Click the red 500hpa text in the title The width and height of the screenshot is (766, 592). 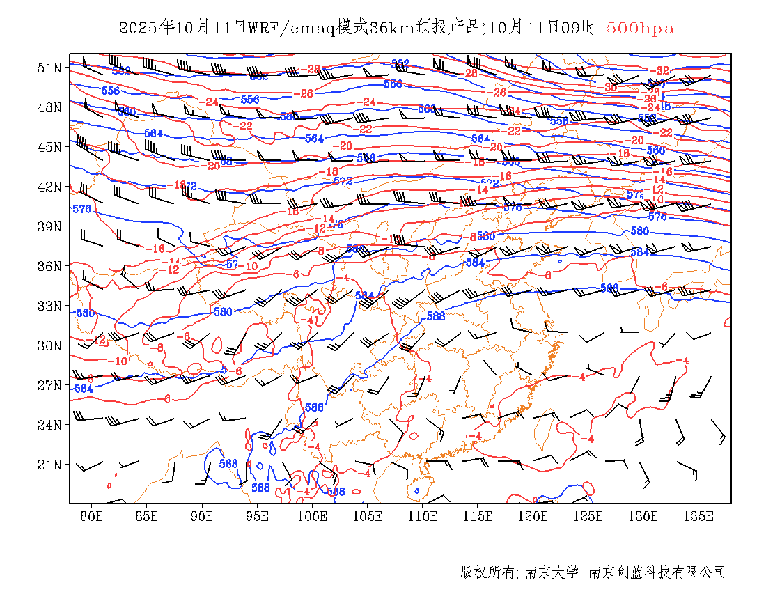pos(640,28)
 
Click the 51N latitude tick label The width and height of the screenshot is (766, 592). pos(49,68)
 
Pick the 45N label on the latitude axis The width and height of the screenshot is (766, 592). pos(49,147)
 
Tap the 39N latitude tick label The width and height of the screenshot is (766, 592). pos(49,226)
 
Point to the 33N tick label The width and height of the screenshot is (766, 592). pos(49,306)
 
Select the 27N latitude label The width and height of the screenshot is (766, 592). pos(49,385)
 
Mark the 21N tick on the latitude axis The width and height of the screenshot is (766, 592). pos(49,465)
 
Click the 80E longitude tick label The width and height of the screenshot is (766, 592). pos(92,516)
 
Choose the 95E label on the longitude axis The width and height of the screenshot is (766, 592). pos(258,516)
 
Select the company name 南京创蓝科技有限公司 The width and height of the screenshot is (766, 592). pos(657,572)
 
